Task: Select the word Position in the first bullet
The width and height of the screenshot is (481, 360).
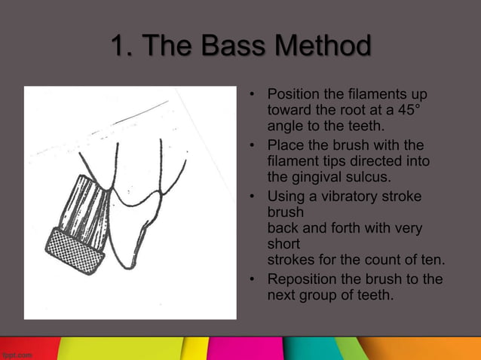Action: (294, 95)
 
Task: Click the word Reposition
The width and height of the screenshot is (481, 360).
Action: (303, 279)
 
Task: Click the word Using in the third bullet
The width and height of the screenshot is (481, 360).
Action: (286, 197)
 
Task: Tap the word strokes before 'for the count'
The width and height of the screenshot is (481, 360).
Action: (290, 261)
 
